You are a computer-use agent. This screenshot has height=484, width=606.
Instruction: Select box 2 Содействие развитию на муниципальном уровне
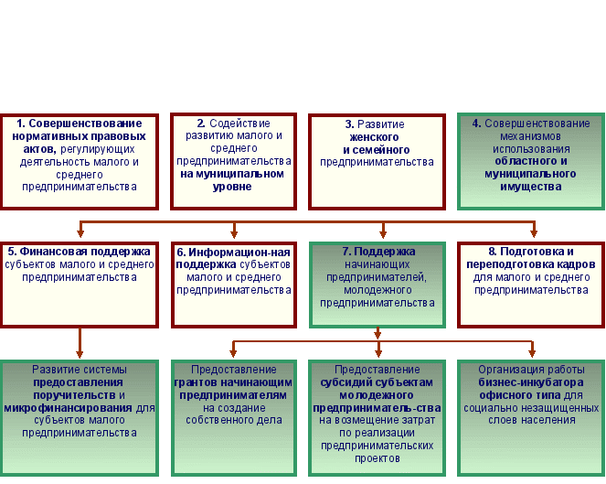coord(234,161)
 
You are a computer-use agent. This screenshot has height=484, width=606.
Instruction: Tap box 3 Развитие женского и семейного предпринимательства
coord(377,161)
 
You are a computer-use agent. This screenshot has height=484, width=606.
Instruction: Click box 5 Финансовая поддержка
coord(79,284)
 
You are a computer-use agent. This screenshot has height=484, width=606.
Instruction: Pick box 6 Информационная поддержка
coord(234,284)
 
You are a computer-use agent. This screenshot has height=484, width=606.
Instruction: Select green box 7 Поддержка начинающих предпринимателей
coord(377,284)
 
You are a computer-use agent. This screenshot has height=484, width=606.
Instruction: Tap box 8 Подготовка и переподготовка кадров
coord(531,284)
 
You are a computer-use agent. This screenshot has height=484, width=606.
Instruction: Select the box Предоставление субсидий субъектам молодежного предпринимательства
coord(377,411)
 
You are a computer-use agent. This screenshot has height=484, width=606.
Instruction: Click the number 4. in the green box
coord(476,124)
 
